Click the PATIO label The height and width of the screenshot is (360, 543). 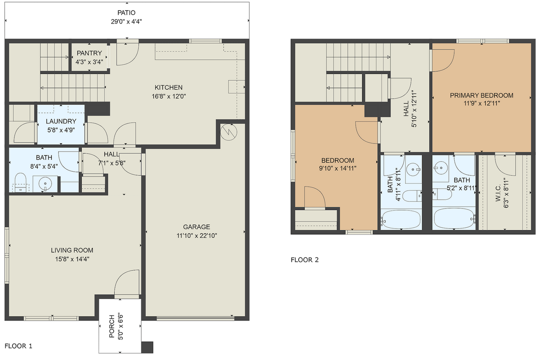(x=126, y=13)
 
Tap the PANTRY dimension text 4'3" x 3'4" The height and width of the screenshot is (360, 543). (x=89, y=62)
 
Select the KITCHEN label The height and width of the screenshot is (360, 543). (x=168, y=87)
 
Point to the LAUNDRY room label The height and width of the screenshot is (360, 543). (x=61, y=121)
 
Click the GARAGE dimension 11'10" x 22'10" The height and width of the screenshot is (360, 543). (x=196, y=235)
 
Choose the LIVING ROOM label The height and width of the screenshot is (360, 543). (x=72, y=250)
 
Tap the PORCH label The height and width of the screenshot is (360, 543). (x=112, y=326)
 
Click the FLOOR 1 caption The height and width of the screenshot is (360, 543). (x=18, y=346)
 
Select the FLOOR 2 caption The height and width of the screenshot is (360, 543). (x=305, y=260)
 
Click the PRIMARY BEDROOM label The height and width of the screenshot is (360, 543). (x=481, y=95)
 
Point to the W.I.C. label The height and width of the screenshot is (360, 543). (x=498, y=193)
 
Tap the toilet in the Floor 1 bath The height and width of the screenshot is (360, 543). (x=20, y=182)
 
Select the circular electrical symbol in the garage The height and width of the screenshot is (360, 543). (x=229, y=132)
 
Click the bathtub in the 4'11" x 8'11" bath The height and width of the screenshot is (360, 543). (x=401, y=219)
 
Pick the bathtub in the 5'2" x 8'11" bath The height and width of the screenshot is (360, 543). (x=454, y=218)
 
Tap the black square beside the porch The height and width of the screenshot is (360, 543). (x=147, y=347)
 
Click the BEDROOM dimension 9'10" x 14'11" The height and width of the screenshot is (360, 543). (x=338, y=168)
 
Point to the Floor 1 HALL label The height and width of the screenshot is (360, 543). (x=112, y=154)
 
